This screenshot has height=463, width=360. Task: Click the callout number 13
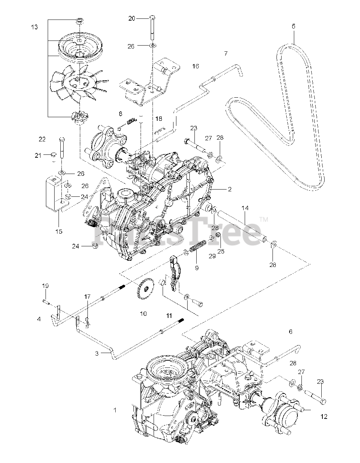coord(34,27)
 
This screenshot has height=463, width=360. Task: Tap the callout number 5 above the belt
coord(293,26)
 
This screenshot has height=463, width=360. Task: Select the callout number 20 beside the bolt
coord(132,18)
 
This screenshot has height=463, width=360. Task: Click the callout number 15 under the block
coord(59,231)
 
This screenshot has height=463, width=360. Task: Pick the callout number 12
coord(323,416)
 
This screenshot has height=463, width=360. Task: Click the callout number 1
coord(115,410)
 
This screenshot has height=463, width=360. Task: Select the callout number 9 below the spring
coord(197,268)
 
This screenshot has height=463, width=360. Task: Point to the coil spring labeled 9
coord(197,248)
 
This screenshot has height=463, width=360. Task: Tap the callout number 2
coord(230,189)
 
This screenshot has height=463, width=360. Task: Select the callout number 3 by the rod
coord(97,353)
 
